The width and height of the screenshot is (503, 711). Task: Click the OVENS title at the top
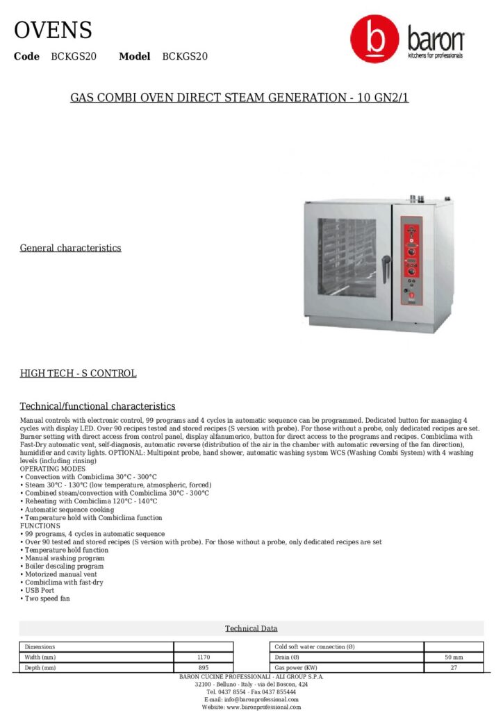tap(53, 31)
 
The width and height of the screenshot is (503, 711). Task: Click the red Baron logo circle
tap(374, 40)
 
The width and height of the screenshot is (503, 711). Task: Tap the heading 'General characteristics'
tap(70, 248)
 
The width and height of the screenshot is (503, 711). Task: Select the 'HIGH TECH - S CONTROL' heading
tap(78, 374)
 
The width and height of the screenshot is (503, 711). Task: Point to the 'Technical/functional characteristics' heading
tap(97, 406)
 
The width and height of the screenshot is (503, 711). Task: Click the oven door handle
tap(386, 267)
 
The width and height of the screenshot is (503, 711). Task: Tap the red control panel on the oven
tap(411, 260)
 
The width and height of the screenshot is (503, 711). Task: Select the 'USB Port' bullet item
tap(40, 590)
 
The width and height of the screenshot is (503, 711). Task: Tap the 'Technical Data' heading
tap(251, 628)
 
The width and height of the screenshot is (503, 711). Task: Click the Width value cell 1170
tap(204, 657)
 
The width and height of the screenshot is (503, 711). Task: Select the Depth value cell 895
tap(204, 667)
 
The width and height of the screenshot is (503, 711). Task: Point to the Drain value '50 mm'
tap(454, 657)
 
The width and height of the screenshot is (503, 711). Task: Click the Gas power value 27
tap(454, 667)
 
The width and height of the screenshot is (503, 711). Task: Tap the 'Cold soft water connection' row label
tap(315, 646)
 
